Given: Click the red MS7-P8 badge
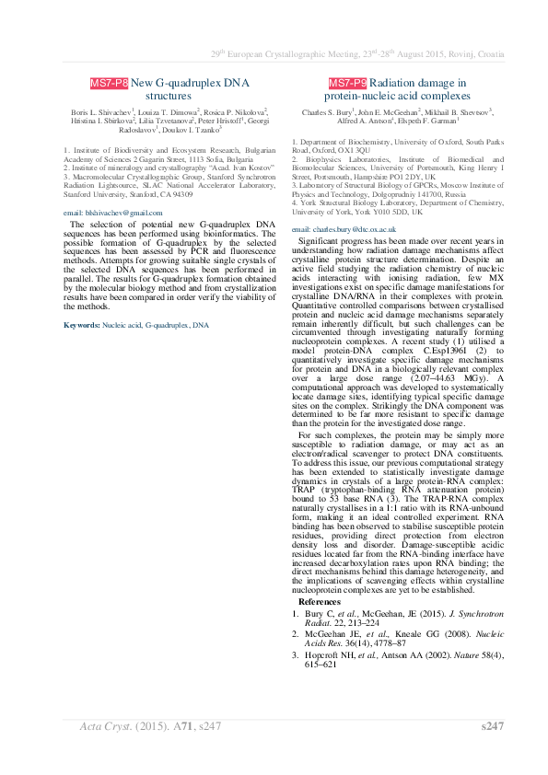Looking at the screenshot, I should click(109, 83).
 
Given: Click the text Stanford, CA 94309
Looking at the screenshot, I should click(151, 195).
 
